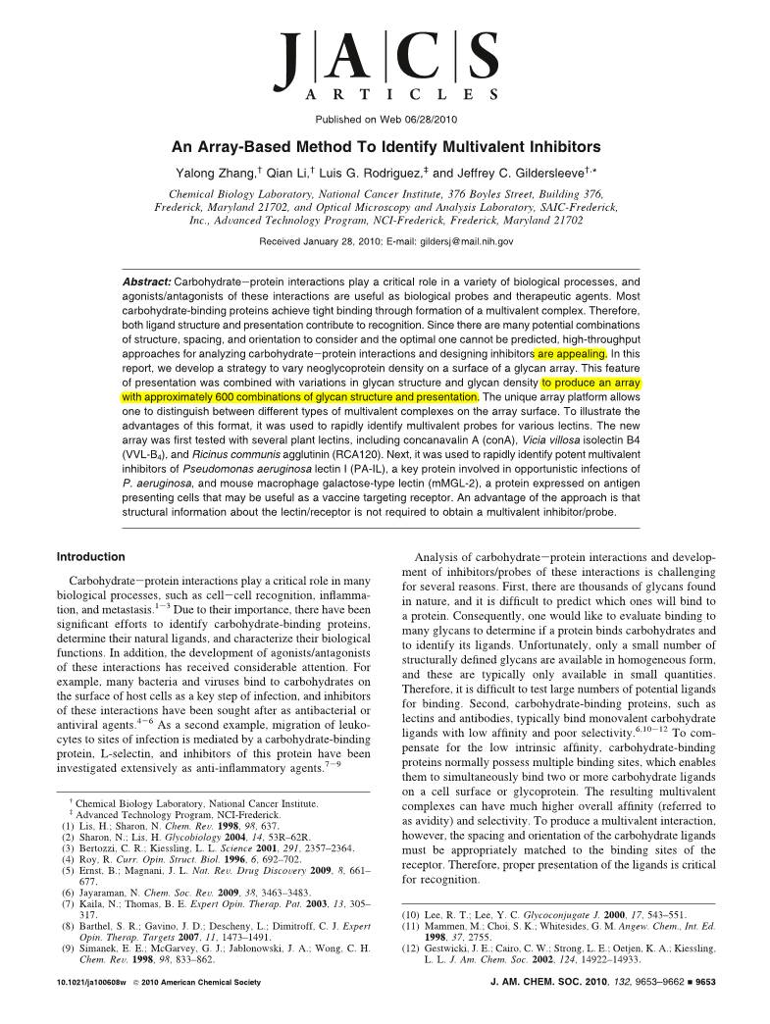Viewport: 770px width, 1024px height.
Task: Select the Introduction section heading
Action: tap(91, 556)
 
